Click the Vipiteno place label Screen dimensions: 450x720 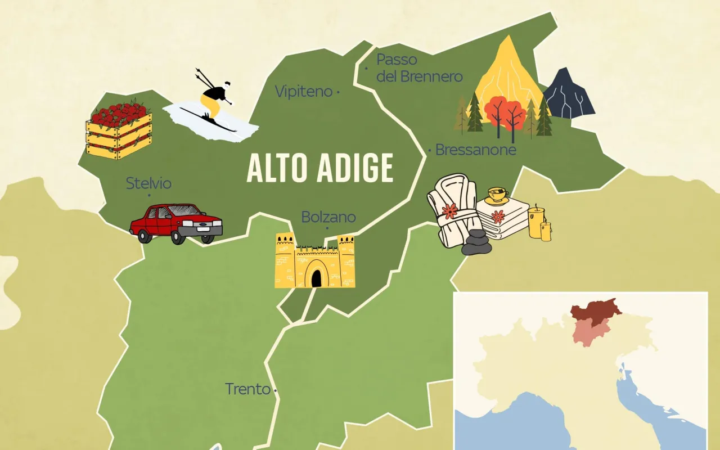pos(304,91)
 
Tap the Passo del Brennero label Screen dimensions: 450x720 pos(419,68)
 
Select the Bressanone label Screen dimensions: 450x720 pos(475,150)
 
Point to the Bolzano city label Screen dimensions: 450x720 pos(328,217)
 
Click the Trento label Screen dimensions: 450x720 pos(247,389)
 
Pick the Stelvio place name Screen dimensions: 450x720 pos(148,183)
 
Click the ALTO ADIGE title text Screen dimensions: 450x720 pos(319,168)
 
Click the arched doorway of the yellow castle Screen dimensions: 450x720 pos(317,278)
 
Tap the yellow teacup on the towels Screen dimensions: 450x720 pos(497,195)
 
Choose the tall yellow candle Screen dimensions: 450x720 pos(535,222)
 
